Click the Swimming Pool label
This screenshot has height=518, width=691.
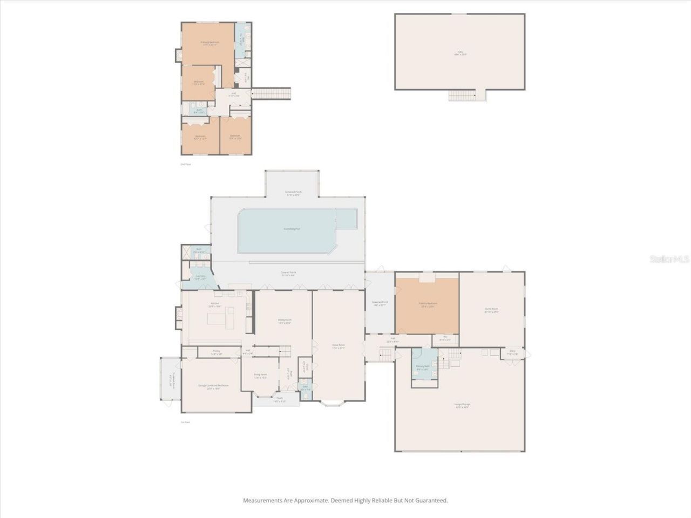[292, 229]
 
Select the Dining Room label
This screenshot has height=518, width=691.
[284, 321]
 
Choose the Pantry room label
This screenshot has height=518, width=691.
[216, 352]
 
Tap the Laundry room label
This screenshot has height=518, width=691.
[200, 277]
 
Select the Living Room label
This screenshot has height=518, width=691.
[260, 376]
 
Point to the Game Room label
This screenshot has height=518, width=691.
[491, 310]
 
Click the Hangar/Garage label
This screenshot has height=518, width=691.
[462, 405]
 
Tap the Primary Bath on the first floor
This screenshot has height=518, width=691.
[422, 367]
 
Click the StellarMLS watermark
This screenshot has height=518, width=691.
[669, 259]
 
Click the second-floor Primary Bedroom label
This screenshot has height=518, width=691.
[209, 43]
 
